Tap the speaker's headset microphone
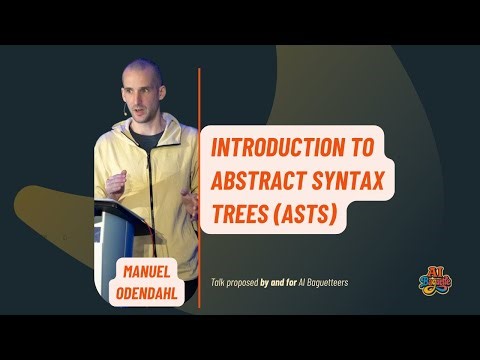(x=126, y=111)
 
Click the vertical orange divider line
(x=199, y=180)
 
